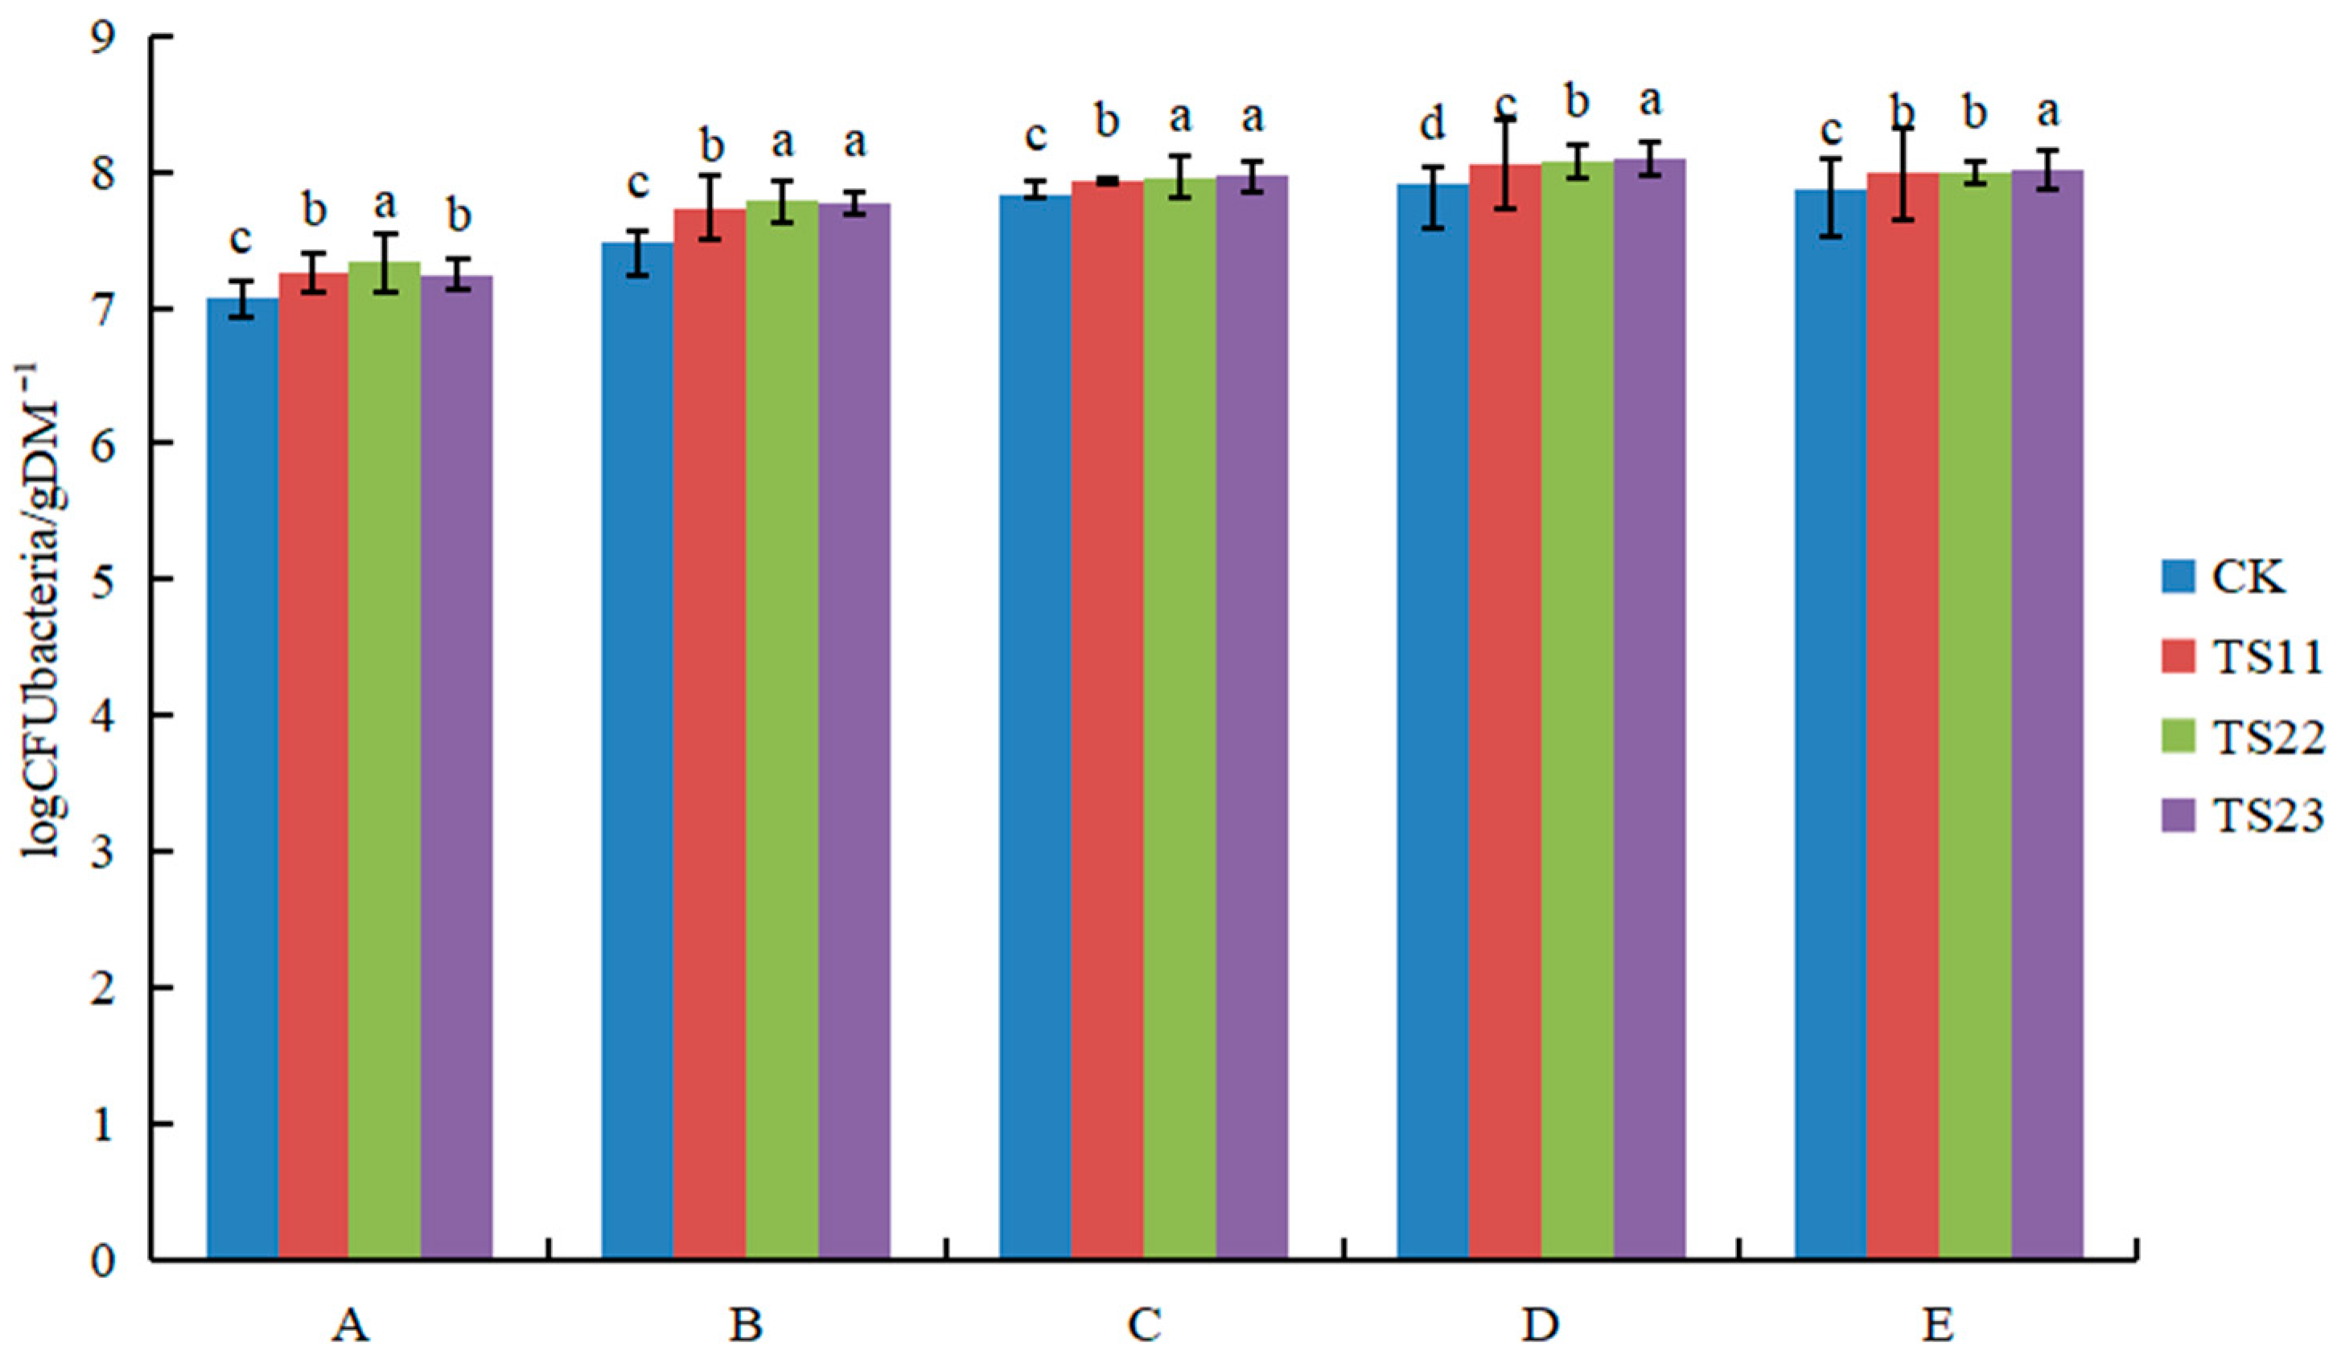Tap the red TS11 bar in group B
tap(710, 733)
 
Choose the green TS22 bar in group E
tap(1975, 715)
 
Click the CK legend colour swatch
tap(2178, 577)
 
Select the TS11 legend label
tap(2265, 658)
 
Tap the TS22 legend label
tap(2265, 738)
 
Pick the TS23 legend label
tap(2265, 817)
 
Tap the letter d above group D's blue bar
tap(1433, 124)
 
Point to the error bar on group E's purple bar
tap(2047, 169)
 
